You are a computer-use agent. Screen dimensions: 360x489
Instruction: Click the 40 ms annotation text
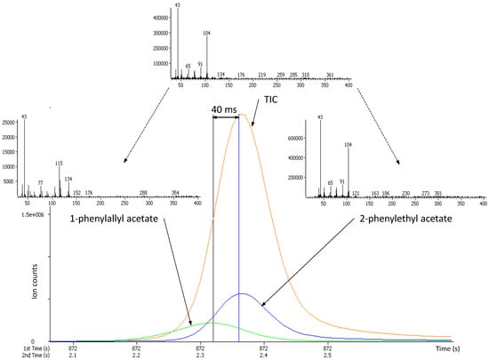pyautogui.click(x=225, y=109)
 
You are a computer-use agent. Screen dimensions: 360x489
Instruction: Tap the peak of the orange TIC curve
pyautogui.click(x=239, y=115)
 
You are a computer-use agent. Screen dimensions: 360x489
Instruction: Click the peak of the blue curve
pyautogui.click(x=243, y=293)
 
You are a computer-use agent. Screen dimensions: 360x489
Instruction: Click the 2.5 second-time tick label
pyautogui.click(x=327, y=355)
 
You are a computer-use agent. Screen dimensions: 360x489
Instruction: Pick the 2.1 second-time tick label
pyautogui.click(x=73, y=355)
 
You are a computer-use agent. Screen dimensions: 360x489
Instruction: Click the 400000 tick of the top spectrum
pyautogui.click(x=161, y=18)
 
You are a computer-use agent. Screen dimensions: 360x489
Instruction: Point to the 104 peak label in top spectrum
pyautogui.click(x=206, y=34)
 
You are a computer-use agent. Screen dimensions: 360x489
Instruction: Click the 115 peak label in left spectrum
pyautogui.click(x=59, y=163)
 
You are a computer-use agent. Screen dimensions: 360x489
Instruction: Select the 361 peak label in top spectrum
pyautogui.click(x=330, y=75)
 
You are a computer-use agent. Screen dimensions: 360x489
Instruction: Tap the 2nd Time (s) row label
pyautogui.click(x=20, y=355)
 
